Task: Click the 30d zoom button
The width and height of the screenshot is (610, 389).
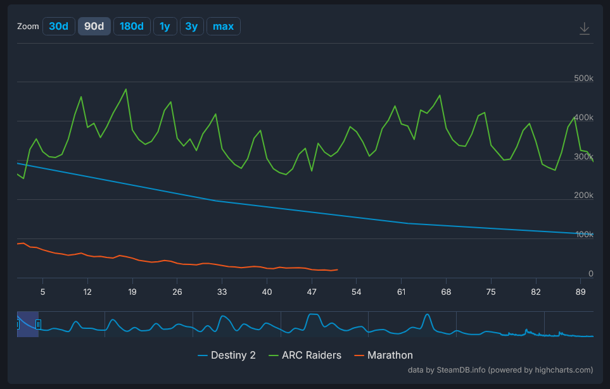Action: click(x=58, y=26)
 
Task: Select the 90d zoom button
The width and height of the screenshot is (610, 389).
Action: click(x=94, y=26)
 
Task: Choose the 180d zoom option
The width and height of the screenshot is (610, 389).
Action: click(x=132, y=26)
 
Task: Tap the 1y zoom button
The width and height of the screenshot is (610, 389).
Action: click(x=165, y=26)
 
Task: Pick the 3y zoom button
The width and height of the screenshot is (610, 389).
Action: click(x=191, y=26)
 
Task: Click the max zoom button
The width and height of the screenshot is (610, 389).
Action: click(x=223, y=26)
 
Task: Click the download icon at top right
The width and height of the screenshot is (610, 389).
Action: click(x=584, y=28)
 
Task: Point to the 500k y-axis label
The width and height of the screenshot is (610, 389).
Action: click(x=583, y=78)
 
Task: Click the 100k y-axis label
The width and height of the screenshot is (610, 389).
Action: click(x=583, y=235)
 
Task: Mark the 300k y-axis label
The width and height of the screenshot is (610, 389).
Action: click(x=583, y=157)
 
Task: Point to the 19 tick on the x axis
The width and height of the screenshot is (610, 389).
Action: click(x=132, y=292)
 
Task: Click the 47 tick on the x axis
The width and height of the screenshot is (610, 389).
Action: click(x=312, y=292)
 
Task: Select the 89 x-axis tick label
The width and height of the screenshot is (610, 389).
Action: click(x=580, y=292)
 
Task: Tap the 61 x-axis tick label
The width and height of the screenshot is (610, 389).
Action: click(x=401, y=292)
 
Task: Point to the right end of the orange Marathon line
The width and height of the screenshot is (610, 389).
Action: click(x=338, y=269)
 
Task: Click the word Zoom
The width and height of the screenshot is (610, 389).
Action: click(x=28, y=27)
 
